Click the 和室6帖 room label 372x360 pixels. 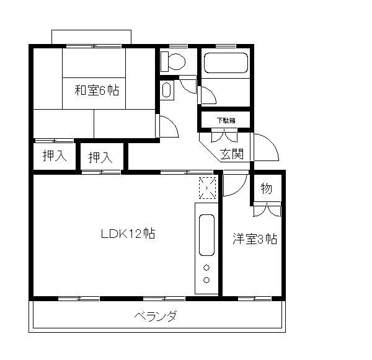97,90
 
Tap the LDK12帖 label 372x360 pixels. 128,234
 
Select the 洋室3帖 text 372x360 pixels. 254,239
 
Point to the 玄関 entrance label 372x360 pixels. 231,154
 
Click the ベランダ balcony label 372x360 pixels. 156,317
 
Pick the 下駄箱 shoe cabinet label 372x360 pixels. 225,120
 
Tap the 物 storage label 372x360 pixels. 266,189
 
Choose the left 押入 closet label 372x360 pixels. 54,157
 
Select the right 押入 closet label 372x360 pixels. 100,157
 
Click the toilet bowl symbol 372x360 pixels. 173,61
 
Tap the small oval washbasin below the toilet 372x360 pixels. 167,90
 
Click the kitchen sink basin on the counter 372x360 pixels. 206,235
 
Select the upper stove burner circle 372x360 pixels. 206,268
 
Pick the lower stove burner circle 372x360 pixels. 206,280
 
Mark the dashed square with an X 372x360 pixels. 207,188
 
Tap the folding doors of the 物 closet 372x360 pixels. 266,211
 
